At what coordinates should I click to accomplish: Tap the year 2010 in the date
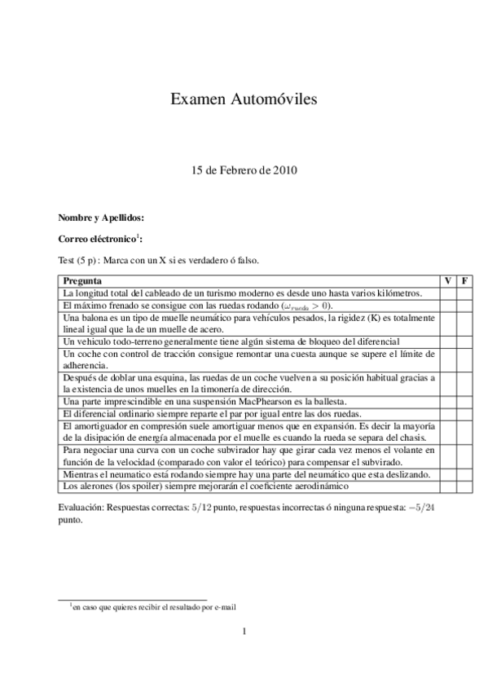click(284, 171)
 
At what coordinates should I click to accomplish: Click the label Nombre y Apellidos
click(101, 218)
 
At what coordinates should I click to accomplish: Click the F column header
click(464, 281)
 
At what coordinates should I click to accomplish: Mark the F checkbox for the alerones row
click(464, 486)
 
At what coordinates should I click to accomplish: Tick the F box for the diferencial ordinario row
click(464, 414)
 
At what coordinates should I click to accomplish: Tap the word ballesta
click(329, 402)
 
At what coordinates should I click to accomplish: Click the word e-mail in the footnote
click(225, 606)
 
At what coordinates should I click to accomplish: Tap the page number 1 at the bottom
click(244, 631)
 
